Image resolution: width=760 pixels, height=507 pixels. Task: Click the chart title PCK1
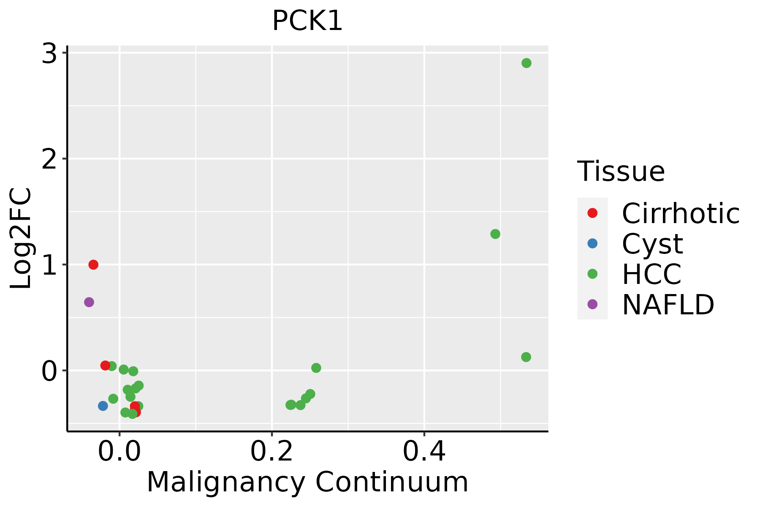click(307, 21)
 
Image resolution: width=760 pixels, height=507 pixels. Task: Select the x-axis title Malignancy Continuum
click(307, 482)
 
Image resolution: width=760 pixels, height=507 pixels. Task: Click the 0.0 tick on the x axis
click(119, 452)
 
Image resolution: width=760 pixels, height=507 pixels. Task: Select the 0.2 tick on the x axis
click(272, 452)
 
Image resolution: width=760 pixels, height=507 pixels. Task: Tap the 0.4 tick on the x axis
click(424, 452)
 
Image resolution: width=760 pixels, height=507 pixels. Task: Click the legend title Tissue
click(621, 172)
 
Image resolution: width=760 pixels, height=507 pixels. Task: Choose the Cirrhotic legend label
click(681, 213)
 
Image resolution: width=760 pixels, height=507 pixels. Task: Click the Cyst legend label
click(652, 244)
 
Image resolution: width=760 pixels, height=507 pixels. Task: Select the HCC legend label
click(651, 274)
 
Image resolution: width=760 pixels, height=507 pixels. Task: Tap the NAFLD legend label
click(668, 304)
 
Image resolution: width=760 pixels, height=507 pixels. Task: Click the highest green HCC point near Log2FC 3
click(526, 63)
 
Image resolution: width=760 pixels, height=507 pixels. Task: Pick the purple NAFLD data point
click(89, 302)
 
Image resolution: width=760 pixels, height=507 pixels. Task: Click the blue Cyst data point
click(103, 406)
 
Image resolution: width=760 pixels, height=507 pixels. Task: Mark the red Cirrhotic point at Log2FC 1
click(93, 264)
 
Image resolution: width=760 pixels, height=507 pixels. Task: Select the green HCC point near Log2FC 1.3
click(495, 234)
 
